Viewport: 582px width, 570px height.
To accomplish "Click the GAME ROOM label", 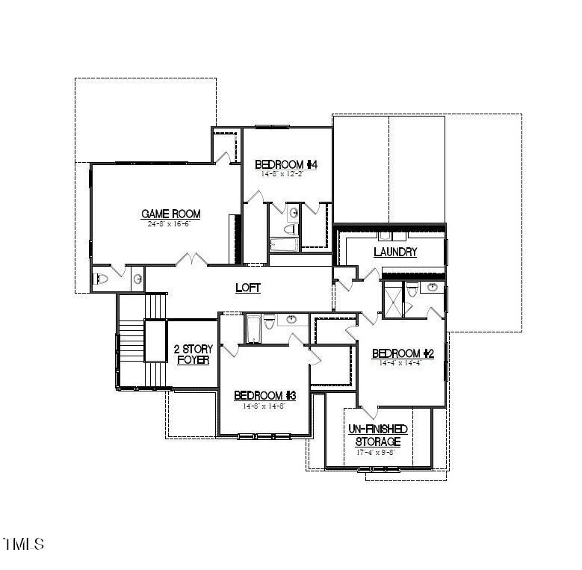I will pyautogui.click(x=171, y=214).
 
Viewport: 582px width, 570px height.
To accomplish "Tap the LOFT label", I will pyautogui.click(x=248, y=288).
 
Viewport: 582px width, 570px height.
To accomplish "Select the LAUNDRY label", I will pyautogui.click(x=395, y=253).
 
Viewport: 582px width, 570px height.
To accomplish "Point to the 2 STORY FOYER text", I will pyautogui.click(x=193, y=354).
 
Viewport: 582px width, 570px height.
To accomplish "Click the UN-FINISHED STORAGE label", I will pyautogui.click(x=377, y=436).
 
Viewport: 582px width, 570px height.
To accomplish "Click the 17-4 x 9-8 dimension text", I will pyautogui.click(x=377, y=452).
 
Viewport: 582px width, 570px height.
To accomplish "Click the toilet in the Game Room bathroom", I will pyautogui.click(x=103, y=279).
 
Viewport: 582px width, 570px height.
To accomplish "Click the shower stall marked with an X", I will pyautogui.click(x=392, y=300).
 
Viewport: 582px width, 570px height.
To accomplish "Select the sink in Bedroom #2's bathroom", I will pyautogui.click(x=432, y=287).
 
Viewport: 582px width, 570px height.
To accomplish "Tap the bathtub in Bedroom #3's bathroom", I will pyautogui.click(x=253, y=329).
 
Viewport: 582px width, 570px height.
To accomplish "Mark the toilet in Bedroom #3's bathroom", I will pyautogui.click(x=270, y=323).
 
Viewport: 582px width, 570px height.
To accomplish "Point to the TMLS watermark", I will pyautogui.click(x=24, y=544).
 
